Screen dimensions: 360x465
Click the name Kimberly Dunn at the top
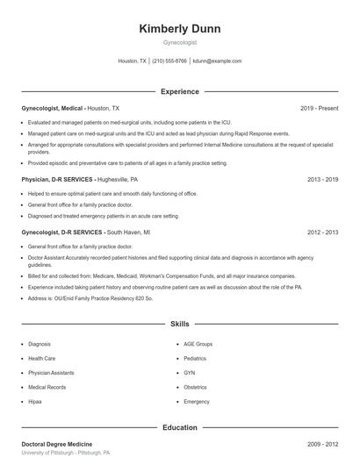pyautogui.click(x=180, y=28)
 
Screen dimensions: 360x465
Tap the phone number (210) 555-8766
pyautogui.click(x=169, y=61)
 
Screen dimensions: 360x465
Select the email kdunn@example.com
pyautogui.click(x=217, y=61)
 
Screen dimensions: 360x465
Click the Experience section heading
pyautogui.click(x=180, y=91)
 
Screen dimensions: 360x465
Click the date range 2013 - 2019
pyautogui.click(x=322, y=178)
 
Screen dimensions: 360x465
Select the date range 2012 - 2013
pyautogui.click(x=322, y=232)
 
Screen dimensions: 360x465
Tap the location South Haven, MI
pyautogui.click(x=129, y=232)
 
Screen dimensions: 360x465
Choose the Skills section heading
pyautogui.click(x=180, y=324)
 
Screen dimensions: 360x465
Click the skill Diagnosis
pyautogui.click(x=40, y=345)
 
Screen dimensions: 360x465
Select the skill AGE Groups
pyautogui.click(x=198, y=345)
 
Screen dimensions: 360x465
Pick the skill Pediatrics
pyautogui.click(x=195, y=359)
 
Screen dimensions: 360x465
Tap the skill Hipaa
pyautogui.click(x=35, y=401)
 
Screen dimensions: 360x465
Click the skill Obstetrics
pyautogui.click(x=195, y=387)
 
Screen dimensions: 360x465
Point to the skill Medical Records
pyautogui.click(x=47, y=387)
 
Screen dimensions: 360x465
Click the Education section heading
pyautogui.click(x=180, y=427)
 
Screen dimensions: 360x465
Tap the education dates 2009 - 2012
pyautogui.click(x=322, y=445)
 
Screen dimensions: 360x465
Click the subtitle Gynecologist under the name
pyautogui.click(x=180, y=42)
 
